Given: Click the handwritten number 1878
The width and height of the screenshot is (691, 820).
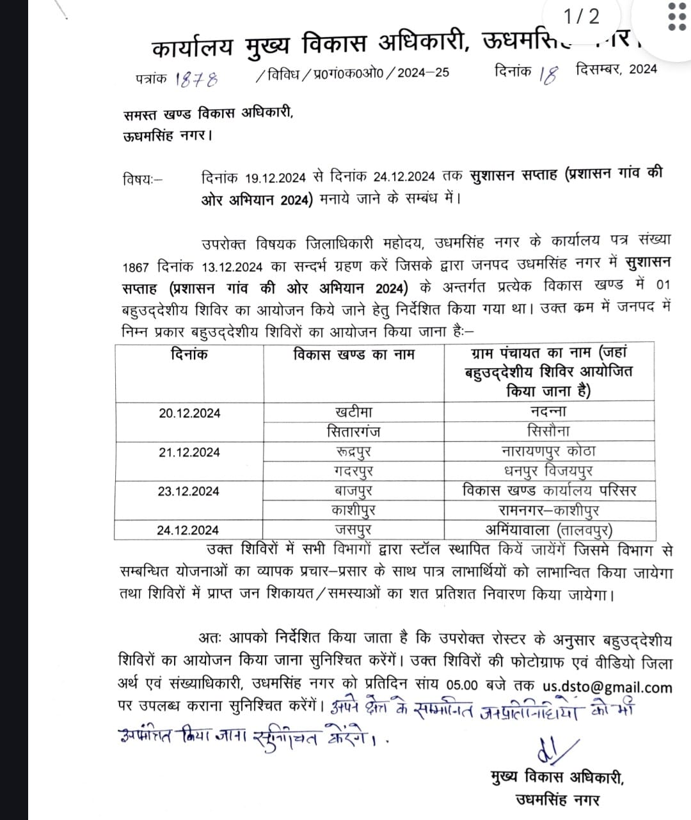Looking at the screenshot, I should point(196,79).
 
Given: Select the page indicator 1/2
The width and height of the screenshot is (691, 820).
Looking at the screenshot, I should point(582,16).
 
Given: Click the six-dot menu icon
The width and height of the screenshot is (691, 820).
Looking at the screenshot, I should point(676,16).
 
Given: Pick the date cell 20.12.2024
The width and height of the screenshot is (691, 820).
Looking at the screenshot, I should point(189,413).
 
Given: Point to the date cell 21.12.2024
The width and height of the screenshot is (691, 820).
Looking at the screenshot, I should point(189,453).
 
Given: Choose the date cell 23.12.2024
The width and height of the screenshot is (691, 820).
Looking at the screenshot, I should point(189,491).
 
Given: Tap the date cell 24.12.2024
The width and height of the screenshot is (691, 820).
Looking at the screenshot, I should point(188,530).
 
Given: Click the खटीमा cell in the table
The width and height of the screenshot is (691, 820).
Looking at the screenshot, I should point(353,412).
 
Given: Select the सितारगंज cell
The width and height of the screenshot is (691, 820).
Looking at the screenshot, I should point(353,431).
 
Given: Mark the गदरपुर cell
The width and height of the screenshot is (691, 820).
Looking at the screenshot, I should point(353,471).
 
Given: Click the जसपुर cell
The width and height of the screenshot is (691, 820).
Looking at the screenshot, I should point(353,530).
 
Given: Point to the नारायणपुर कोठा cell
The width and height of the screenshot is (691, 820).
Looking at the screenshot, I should point(549,451).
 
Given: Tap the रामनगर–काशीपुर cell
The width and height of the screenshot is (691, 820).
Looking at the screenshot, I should point(549,510).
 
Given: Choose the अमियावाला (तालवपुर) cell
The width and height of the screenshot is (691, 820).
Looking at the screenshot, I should point(549,530).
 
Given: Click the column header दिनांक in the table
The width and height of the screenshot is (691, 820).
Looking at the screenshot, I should point(189,354).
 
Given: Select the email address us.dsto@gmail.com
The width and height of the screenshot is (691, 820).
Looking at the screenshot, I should point(607,687).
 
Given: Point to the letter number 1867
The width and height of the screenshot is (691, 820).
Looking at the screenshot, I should point(136,266).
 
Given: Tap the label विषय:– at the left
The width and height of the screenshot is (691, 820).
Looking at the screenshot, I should point(143,180).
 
